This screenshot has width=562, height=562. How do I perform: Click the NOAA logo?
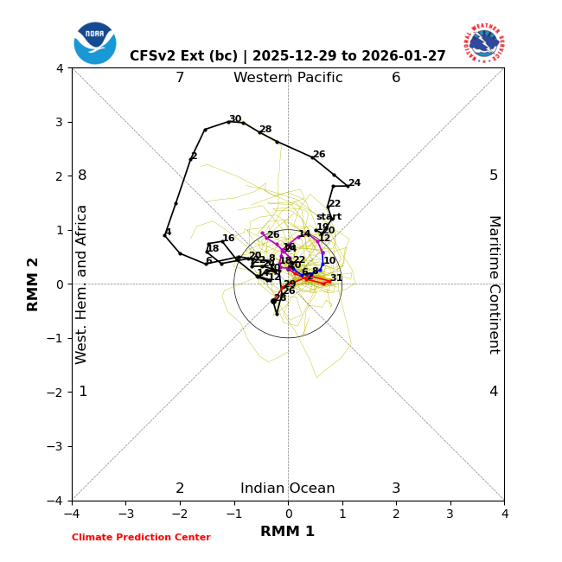95,43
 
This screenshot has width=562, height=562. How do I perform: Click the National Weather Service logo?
484,43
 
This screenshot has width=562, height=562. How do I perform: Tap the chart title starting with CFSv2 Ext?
288,56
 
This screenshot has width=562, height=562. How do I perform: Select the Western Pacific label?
288,78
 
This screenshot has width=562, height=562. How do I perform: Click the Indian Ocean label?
288,489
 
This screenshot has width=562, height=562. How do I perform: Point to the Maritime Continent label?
494,284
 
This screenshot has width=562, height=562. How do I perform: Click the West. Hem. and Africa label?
82,284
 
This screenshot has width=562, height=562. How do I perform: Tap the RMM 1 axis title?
288,532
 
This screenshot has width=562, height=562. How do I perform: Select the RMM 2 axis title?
34,284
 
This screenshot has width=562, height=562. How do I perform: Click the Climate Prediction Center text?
141,538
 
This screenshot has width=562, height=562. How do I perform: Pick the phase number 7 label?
180,78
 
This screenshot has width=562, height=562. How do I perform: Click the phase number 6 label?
396,78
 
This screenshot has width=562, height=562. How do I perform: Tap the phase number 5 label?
494,176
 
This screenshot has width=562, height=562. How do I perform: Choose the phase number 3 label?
396,489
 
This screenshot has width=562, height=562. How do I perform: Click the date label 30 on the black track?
235,119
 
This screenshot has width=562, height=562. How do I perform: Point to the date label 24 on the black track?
354,183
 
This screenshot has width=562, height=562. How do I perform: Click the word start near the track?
329,217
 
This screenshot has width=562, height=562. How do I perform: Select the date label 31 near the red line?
336,278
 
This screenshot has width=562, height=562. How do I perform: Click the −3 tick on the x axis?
125,514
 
